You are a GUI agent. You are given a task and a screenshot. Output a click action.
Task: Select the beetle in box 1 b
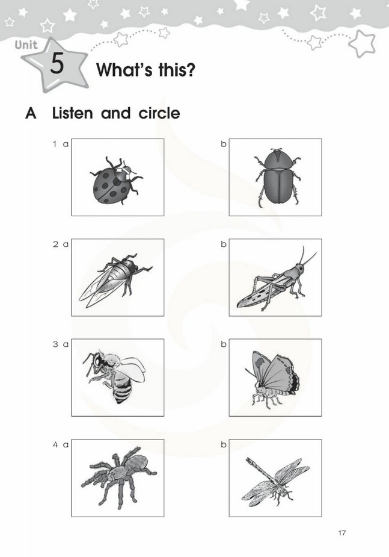(277, 177)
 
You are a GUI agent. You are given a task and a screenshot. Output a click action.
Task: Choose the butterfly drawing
(272, 378)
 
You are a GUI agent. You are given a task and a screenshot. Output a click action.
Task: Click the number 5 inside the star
(57, 64)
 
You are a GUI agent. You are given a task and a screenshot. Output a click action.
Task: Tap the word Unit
(26, 45)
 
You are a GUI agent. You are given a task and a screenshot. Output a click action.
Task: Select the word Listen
(73, 113)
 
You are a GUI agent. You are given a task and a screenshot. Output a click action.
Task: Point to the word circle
(159, 113)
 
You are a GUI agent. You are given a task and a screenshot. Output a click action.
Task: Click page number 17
(342, 532)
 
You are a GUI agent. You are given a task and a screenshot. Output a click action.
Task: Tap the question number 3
(55, 344)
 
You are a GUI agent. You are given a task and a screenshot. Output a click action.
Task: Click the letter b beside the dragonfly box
(224, 444)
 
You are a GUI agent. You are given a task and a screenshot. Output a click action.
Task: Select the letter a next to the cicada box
(66, 244)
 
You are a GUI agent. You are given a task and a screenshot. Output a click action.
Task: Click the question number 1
(55, 144)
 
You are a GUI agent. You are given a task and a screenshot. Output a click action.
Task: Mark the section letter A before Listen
(31, 114)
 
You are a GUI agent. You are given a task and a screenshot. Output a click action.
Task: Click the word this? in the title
(177, 69)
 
